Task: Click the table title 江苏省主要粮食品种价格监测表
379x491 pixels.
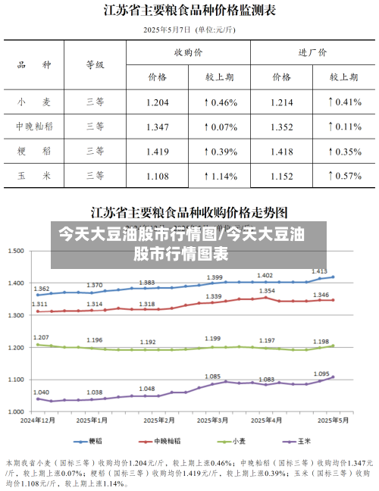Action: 189,11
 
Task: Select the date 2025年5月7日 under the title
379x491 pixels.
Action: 168,30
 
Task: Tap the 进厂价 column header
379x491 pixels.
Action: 312,53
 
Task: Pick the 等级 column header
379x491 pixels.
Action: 95,65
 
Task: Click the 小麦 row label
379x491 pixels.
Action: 34,102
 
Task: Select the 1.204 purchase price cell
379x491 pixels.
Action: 157,102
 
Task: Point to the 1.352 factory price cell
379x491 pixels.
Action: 282,127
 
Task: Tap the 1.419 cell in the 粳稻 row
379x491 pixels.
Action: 157,152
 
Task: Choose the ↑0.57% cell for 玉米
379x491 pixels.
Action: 344,177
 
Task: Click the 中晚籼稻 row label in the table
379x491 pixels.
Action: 34,127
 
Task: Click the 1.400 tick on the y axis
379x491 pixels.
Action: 16,283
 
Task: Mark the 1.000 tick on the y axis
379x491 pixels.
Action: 16,411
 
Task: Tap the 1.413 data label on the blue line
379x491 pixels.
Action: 319,271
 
